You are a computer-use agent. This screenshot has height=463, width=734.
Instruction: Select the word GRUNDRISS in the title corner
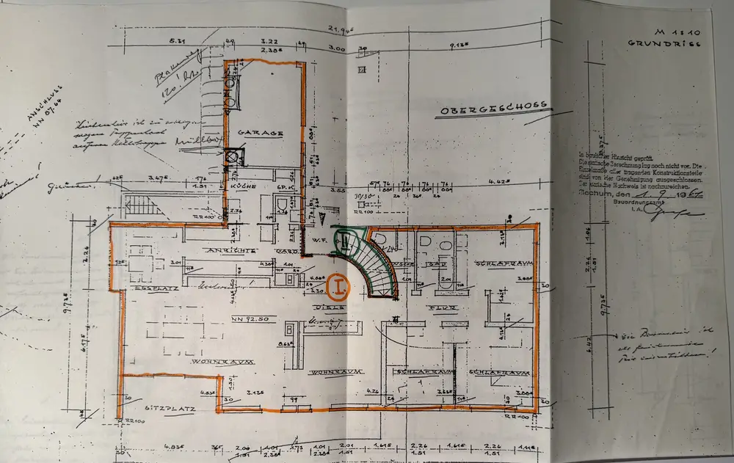[660, 44]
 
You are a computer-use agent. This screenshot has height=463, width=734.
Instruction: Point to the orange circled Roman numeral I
[338, 285]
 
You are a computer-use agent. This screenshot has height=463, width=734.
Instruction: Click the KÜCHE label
[245, 186]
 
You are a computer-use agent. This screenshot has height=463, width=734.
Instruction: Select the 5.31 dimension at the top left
[176, 42]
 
